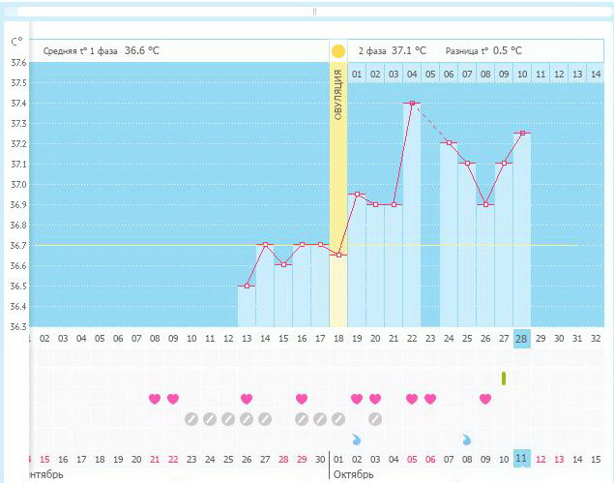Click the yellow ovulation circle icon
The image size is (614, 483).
(x=337, y=51)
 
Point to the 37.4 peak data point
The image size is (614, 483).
(x=412, y=103)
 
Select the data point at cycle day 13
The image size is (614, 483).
(x=247, y=286)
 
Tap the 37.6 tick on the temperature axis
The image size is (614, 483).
(x=17, y=63)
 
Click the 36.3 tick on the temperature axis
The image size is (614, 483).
(x=17, y=327)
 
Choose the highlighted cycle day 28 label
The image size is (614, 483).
(x=522, y=338)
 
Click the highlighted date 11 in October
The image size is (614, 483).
(x=522, y=458)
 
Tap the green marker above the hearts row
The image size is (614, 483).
(x=504, y=377)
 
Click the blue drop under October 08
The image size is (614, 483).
(x=467, y=438)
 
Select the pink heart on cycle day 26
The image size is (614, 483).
(x=485, y=399)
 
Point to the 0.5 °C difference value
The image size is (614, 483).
(x=508, y=50)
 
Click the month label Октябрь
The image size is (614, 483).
(x=353, y=474)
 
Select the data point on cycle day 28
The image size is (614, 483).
(x=522, y=133)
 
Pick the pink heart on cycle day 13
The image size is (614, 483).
(x=247, y=399)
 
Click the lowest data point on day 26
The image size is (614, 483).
(x=485, y=204)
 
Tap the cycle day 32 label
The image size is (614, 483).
(x=596, y=338)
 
